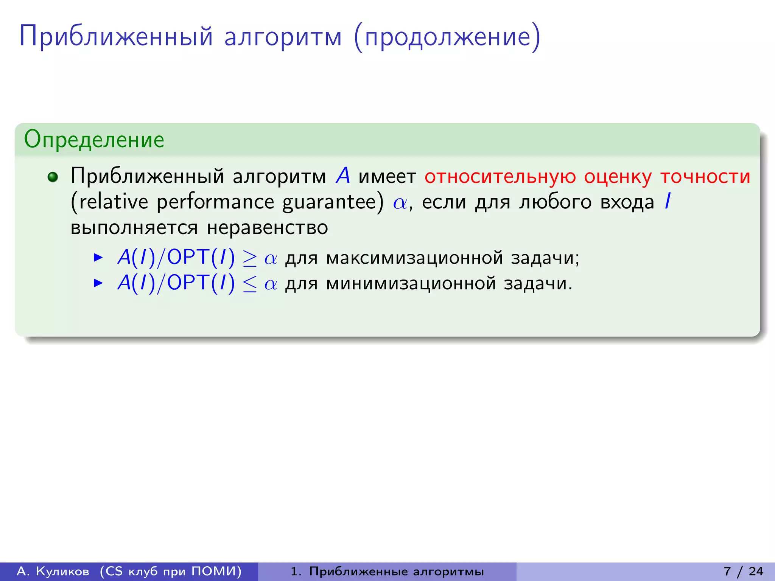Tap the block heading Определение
(x=94, y=140)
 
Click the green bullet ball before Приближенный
(x=53, y=177)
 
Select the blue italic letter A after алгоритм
(x=343, y=176)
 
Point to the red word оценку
(x=618, y=177)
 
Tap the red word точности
(x=705, y=177)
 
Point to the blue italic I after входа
(x=668, y=201)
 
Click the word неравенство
(x=267, y=228)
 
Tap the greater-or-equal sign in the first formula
(x=250, y=259)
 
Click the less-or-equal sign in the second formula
(x=250, y=284)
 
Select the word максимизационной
(x=414, y=258)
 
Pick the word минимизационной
(x=411, y=284)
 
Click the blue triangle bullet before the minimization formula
(x=98, y=283)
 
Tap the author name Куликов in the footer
(x=62, y=572)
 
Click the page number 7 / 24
(x=743, y=572)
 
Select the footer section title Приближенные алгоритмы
(x=396, y=572)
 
